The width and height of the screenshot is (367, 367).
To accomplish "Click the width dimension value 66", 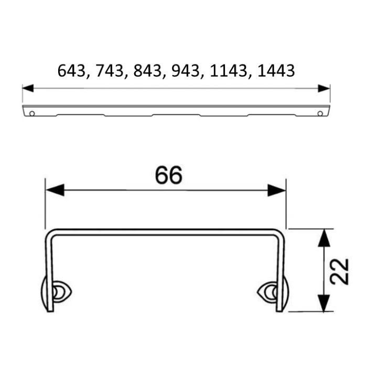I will (x=168, y=176).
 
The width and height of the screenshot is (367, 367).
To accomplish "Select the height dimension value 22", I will (x=339, y=271).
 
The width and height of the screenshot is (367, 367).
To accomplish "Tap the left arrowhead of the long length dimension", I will (x=27, y=88).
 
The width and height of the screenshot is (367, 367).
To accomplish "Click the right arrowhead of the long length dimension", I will (x=325, y=88).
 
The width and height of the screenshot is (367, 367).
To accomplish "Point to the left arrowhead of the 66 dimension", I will (x=54, y=190).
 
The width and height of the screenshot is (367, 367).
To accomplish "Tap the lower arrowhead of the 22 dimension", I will (x=325, y=303).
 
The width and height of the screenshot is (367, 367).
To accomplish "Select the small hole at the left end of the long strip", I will (x=33, y=113).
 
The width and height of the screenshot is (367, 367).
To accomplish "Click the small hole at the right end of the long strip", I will (x=320, y=113).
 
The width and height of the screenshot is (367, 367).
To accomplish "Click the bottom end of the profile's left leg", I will (x=50, y=310).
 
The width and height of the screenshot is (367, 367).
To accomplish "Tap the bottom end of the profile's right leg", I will (x=279, y=310).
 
